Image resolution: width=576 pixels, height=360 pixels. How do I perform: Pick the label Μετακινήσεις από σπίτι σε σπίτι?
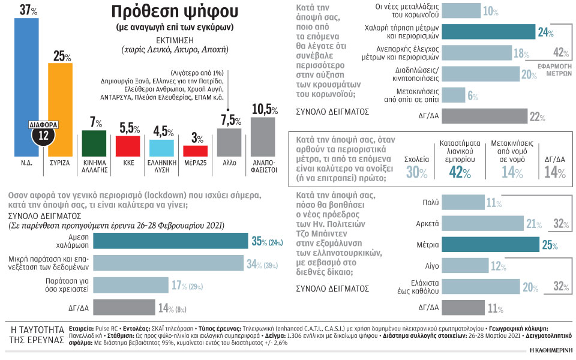click(426, 94)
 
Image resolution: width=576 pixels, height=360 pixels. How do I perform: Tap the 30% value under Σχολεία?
click(416, 173)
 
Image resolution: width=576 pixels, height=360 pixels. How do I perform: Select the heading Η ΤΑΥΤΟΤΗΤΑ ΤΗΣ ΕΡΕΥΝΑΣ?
click(37, 335)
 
